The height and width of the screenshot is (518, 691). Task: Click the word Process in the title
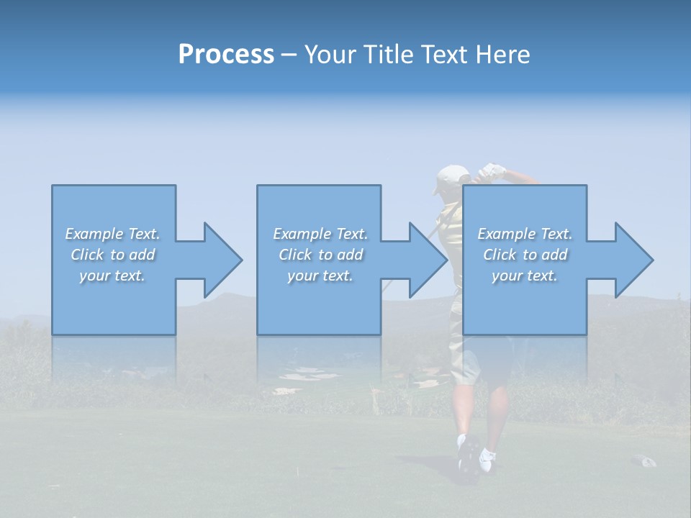226,55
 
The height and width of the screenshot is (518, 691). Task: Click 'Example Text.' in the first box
113,234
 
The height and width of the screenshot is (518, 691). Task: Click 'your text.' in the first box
113,276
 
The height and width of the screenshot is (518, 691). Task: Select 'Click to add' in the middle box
320,255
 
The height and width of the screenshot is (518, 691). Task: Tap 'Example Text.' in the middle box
320,234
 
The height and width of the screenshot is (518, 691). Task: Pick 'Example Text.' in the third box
525,234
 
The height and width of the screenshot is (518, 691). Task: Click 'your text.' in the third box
525,276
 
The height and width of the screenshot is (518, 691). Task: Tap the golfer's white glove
494,171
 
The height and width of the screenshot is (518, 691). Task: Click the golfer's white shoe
487,458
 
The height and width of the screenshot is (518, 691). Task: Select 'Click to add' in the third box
525,255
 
